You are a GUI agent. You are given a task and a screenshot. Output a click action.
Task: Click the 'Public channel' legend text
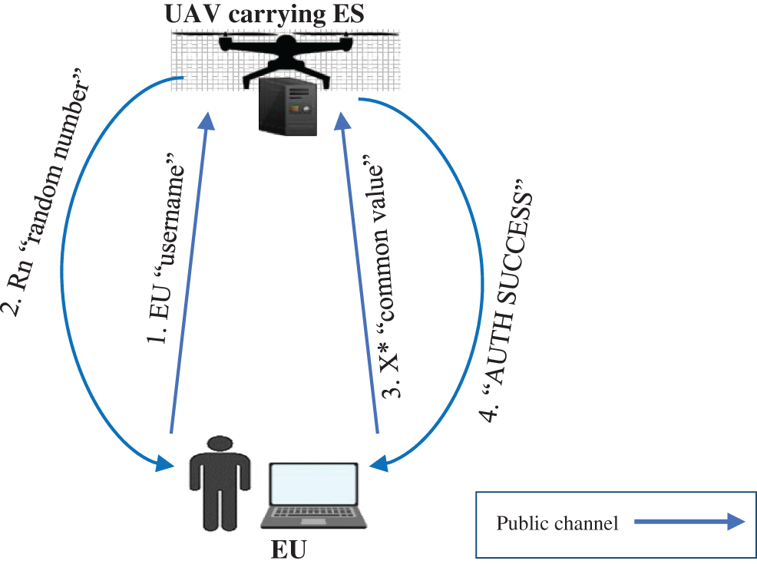point(557,524)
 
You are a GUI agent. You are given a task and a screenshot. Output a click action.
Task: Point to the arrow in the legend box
point(689,523)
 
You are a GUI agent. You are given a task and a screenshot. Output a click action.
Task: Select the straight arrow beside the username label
point(188,276)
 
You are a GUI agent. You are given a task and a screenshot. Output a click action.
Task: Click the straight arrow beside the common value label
point(359,276)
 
